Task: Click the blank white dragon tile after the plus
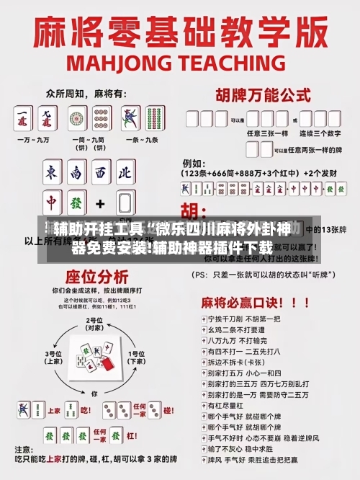coord(126,203)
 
